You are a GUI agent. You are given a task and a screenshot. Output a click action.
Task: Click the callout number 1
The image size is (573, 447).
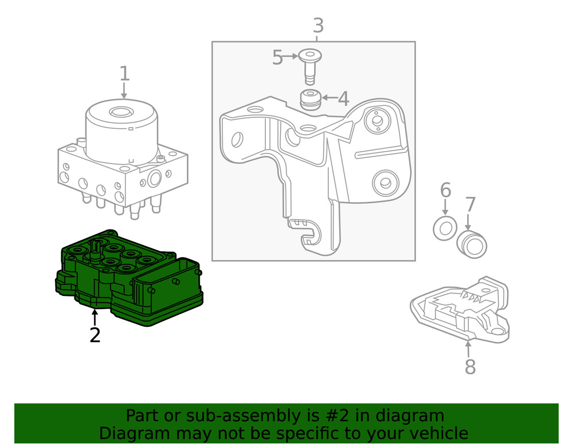[124, 74]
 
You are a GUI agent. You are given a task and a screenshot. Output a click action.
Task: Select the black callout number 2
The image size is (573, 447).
[95, 335]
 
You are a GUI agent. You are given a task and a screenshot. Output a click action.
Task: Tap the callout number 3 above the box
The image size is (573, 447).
[318, 26]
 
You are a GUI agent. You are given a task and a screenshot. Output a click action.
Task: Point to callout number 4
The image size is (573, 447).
[343, 98]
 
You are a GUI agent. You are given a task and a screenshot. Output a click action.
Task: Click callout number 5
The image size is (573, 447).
[277, 57]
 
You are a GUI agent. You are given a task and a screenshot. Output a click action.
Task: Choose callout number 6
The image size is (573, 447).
[445, 190]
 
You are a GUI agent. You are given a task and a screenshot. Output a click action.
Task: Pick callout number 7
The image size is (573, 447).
[470, 204]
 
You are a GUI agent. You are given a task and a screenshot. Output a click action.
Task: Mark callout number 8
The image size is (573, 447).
[470, 367]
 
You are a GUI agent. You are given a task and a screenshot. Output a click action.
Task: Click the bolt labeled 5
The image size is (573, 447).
[309, 63]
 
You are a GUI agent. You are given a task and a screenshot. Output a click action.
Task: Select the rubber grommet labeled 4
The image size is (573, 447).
[310, 100]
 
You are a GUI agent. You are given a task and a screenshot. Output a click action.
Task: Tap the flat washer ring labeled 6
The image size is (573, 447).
[445, 228]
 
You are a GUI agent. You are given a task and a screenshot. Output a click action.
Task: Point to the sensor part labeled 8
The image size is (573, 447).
[461, 309]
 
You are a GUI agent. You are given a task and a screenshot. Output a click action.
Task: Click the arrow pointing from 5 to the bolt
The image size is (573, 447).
[291, 57]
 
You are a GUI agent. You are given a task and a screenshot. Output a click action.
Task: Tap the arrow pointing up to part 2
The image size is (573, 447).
[95, 317]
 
